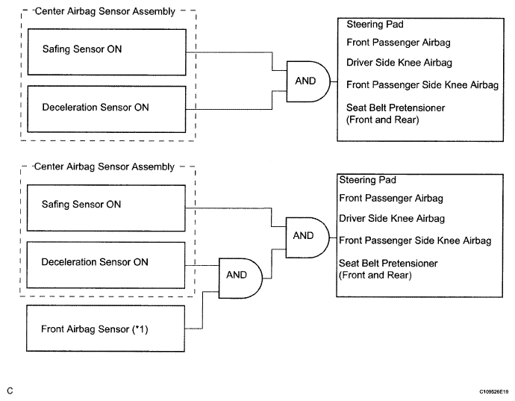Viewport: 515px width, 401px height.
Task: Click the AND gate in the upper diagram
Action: coord(308,81)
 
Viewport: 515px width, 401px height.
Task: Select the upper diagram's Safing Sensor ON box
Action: coord(107,52)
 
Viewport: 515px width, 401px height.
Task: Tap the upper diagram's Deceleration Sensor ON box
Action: coord(107,109)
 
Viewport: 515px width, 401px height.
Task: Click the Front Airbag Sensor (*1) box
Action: coord(105,329)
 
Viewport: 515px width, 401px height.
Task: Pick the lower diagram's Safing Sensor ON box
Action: coord(106,208)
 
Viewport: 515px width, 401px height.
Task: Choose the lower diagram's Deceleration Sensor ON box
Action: coord(106,265)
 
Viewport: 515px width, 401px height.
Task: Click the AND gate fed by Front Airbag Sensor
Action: coord(240,278)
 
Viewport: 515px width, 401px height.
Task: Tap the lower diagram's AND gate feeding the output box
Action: coord(308,237)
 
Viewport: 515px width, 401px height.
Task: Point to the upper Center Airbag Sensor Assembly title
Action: coord(105,11)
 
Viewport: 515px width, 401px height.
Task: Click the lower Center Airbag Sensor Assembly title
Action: coord(104,167)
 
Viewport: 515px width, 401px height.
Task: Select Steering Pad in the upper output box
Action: coord(375,25)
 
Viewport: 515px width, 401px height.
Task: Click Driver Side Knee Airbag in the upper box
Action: coord(399,63)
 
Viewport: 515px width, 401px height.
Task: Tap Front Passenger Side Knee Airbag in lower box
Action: coord(415,240)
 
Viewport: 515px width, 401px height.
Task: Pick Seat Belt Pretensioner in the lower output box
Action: coord(388,264)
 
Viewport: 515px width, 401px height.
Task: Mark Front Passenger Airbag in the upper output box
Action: coord(399,43)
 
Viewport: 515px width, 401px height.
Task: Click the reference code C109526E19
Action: coord(493,391)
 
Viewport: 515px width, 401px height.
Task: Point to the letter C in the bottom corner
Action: coord(10,391)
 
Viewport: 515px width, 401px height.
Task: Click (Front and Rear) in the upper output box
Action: coord(383,119)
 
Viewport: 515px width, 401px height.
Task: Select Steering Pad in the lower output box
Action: coord(367,180)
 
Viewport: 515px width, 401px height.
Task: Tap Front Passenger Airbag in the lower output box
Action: coord(391,198)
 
